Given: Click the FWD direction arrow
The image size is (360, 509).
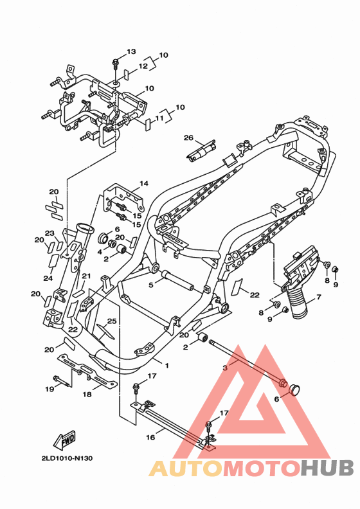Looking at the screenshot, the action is [x=64, y=440].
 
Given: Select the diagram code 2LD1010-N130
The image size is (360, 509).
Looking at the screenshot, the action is [x=67, y=458].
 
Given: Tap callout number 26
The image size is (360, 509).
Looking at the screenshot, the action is [x=188, y=138].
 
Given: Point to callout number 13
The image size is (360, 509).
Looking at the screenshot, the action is [x=131, y=51].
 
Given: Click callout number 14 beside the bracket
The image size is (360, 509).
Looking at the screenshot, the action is [x=144, y=183].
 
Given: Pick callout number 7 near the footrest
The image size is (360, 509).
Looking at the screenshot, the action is [x=318, y=297].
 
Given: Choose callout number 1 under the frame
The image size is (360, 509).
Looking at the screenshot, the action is [x=167, y=366].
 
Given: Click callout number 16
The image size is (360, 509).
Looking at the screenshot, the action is [x=150, y=437].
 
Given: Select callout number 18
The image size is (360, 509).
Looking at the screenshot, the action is [x=87, y=395].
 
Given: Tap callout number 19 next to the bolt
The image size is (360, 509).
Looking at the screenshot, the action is [x=50, y=389].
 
